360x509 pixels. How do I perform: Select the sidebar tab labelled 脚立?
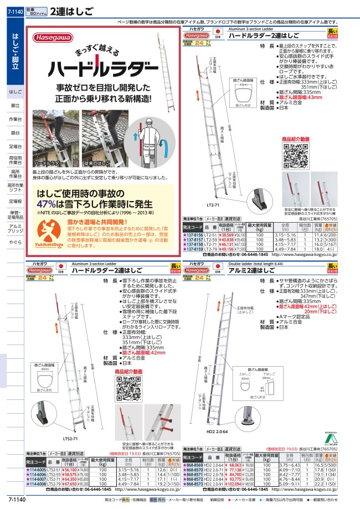click(x=16, y=105)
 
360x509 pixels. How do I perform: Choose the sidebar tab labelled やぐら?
click(x=16, y=242)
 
